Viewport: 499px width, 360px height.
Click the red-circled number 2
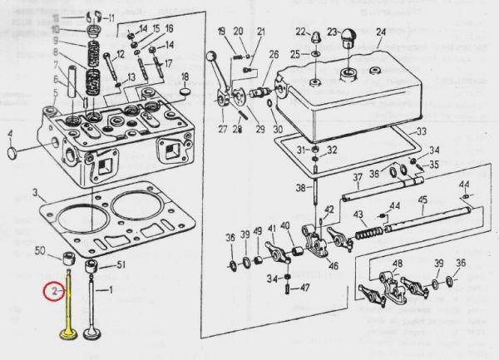pyautogui.click(x=53, y=292)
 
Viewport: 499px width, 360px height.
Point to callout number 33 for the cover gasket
pyautogui.click(x=422, y=131)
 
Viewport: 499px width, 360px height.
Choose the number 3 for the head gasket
pyautogui.click(x=34, y=193)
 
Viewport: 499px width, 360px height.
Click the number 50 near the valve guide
pyautogui.click(x=40, y=250)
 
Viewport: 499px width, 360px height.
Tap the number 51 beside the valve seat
pyautogui.click(x=120, y=265)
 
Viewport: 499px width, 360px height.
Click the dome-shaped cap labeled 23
pyautogui.click(x=344, y=37)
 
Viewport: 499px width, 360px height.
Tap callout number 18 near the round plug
pyautogui.click(x=185, y=77)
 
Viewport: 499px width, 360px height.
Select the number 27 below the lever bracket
pyautogui.click(x=222, y=129)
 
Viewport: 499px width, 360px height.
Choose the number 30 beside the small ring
pyautogui.click(x=278, y=129)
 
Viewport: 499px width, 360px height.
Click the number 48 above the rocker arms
pyautogui.click(x=398, y=264)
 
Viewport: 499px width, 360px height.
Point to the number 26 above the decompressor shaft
pyautogui.click(x=274, y=54)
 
